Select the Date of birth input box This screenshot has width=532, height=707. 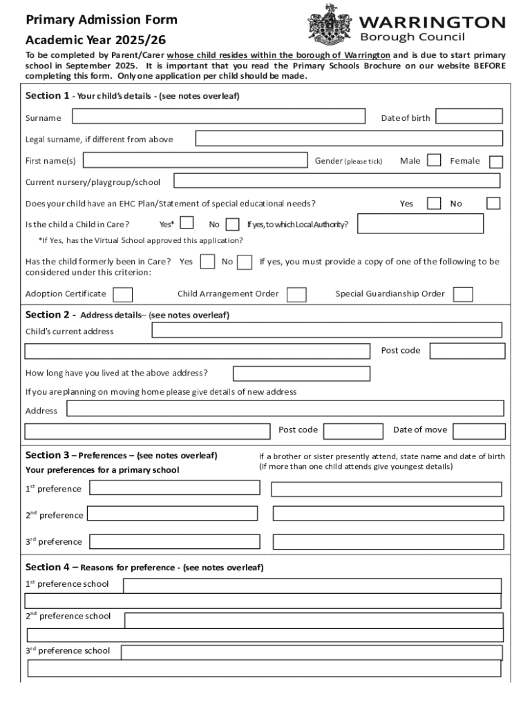click(x=469, y=116)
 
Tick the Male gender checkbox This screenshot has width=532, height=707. click(x=434, y=160)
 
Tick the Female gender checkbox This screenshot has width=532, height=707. click(x=496, y=162)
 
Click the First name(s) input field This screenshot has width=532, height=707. click(x=196, y=160)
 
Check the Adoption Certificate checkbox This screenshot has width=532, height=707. click(x=123, y=295)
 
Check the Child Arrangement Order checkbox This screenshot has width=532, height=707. click(x=296, y=295)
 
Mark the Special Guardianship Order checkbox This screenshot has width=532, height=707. click(x=463, y=295)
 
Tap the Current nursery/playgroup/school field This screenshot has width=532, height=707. click(x=336, y=181)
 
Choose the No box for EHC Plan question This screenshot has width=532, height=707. click(x=493, y=203)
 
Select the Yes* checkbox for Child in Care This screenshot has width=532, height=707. click(x=187, y=223)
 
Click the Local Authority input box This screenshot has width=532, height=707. click(x=420, y=224)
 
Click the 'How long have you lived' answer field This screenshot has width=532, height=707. click(x=301, y=374)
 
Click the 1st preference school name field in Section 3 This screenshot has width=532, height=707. click(x=175, y=487)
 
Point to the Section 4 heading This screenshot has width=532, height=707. click(x=144, y=568)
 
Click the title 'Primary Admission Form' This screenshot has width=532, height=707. click(x=102, y=20)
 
